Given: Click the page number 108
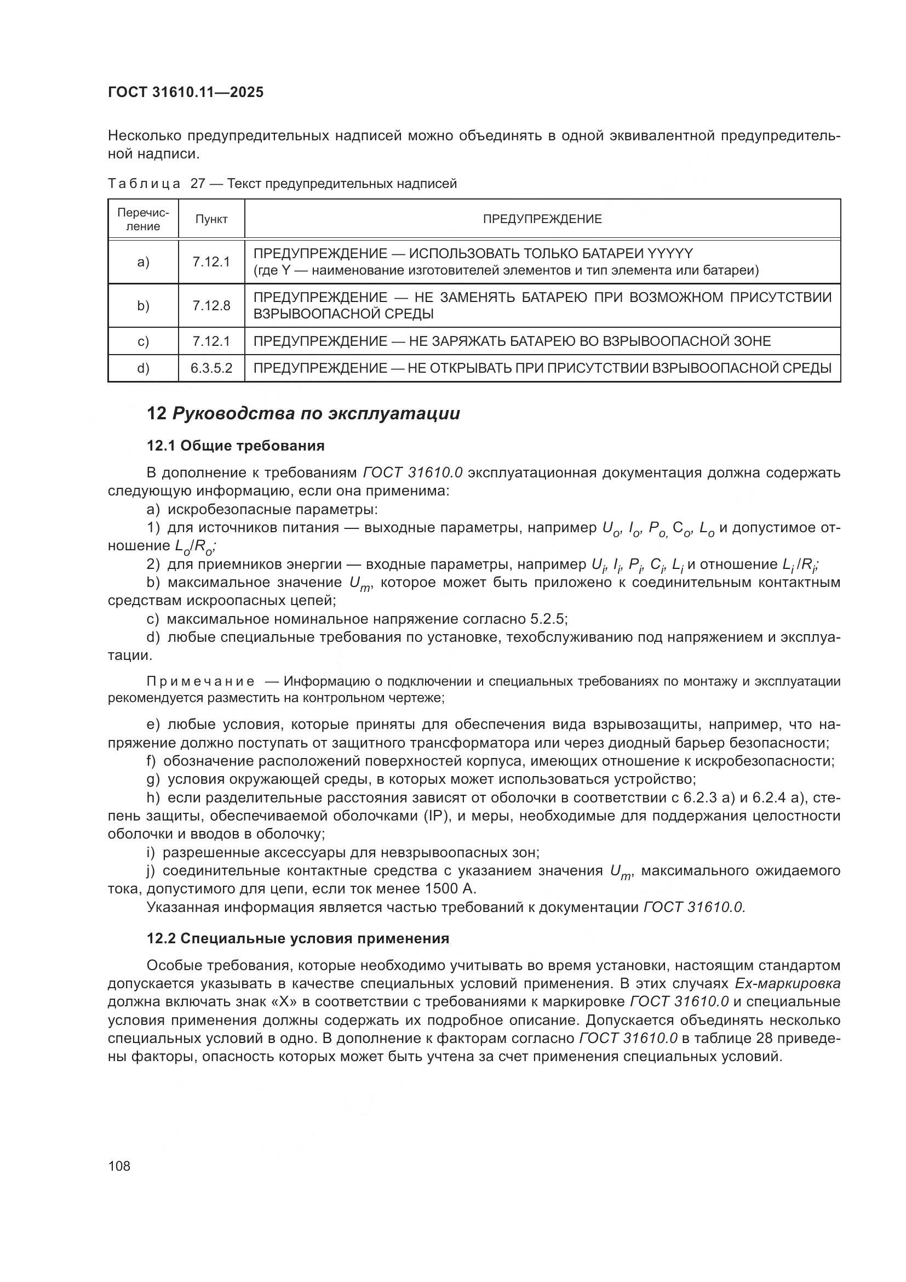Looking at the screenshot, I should coord(119,1166).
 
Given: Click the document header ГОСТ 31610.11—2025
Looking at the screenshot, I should coord(185,92).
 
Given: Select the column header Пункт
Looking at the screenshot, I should coord(211,219).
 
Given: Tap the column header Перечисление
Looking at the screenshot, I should coord(143,219).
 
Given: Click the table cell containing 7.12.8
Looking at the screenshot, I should coord(211,305).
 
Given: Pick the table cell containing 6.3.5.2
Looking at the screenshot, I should coord(211,368).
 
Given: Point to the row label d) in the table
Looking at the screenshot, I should coord(143,368).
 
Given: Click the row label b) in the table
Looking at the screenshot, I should coord(143,305).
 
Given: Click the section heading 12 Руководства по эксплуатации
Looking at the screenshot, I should coord(303,414).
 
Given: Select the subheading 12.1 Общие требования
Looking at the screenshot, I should coord(236,446).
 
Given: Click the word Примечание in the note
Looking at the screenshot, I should coord(201,681).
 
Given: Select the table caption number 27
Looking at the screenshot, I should coord(198,184).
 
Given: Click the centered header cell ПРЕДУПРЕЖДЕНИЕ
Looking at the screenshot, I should coord(542,219).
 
